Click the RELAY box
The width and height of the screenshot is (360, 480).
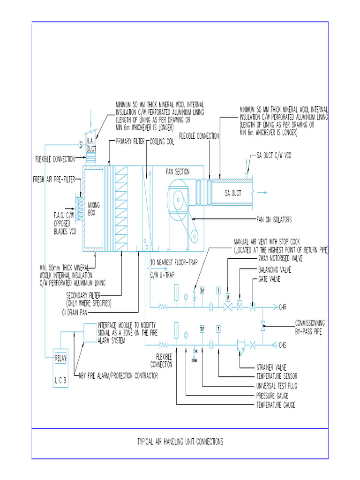(x=61, y=359)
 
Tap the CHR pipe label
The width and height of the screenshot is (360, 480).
(x=283, y=308)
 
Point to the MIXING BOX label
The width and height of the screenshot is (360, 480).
(x=94, y=209)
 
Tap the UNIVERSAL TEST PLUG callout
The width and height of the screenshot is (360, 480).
(x=277, y=386)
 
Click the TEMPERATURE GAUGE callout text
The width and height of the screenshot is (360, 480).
(x=276, y=405)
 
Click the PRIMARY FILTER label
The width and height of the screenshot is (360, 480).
(x=130, y=141)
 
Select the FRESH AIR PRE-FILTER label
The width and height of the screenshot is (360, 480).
(x=54, y=179)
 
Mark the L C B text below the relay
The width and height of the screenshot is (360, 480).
(x=61, y=382)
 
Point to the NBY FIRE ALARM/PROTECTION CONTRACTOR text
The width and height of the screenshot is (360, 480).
(x=119, y=375)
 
